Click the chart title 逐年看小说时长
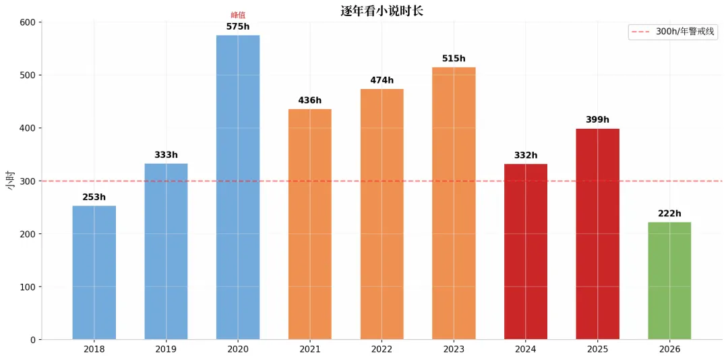[x=382, y=11]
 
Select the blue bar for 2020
[x=238, y=187]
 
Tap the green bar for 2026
[x=669, y=280]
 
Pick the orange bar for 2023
[x=454, y=203]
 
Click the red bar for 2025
[x=597, y=234]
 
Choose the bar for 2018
[x=94, y=272]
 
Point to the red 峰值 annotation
[x=238, y=16]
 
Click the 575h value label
[x=238, y=26]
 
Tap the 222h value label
[x=669, y=214]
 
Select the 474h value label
[x=382, y=80]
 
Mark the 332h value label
[x=526, y=155]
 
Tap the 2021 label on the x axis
[x=309, y=349]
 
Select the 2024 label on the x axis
[x=526, y=349]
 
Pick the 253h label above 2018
[x=94, y=197]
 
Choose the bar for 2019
[x=166, y=251]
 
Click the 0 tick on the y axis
[x=33, y=340]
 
